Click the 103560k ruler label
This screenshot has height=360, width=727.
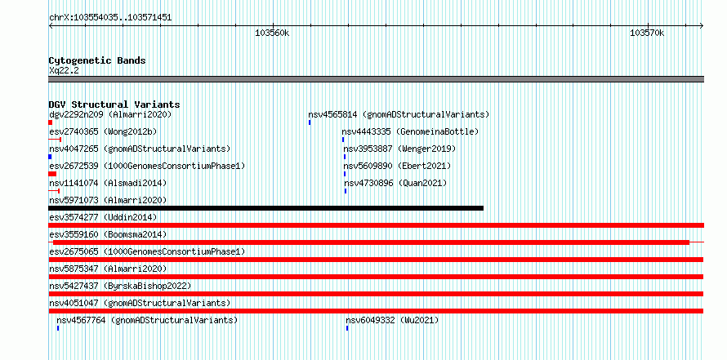[272, 33]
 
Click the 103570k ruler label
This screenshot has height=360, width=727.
[647, 33]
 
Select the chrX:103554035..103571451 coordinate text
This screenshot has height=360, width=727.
[110, 18]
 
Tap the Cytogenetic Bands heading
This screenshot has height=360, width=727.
[97, 60]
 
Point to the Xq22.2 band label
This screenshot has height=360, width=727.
[64, 70]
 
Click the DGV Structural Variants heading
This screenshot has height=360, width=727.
[114, 104]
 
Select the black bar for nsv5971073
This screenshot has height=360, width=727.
[266, 208]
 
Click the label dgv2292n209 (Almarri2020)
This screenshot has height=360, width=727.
[110, 114]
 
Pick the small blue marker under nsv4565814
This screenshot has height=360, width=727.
[310, 122]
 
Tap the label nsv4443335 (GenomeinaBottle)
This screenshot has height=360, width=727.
[410, 131]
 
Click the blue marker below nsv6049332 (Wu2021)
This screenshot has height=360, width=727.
[347, 328]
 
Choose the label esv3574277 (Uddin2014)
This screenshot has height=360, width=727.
[103, 217]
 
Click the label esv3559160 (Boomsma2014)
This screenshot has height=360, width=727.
[108, 234]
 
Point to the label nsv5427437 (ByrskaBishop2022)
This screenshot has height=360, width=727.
[120, 286]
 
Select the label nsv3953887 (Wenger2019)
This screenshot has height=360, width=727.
[399, 149]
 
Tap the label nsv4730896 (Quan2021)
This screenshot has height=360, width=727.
[395, 183]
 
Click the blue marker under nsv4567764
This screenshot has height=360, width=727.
[58, 328]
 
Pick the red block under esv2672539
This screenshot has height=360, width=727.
[52, 174]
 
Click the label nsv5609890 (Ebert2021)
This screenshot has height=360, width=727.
[397, 166]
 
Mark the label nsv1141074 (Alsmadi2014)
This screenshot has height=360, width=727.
[108, 183]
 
